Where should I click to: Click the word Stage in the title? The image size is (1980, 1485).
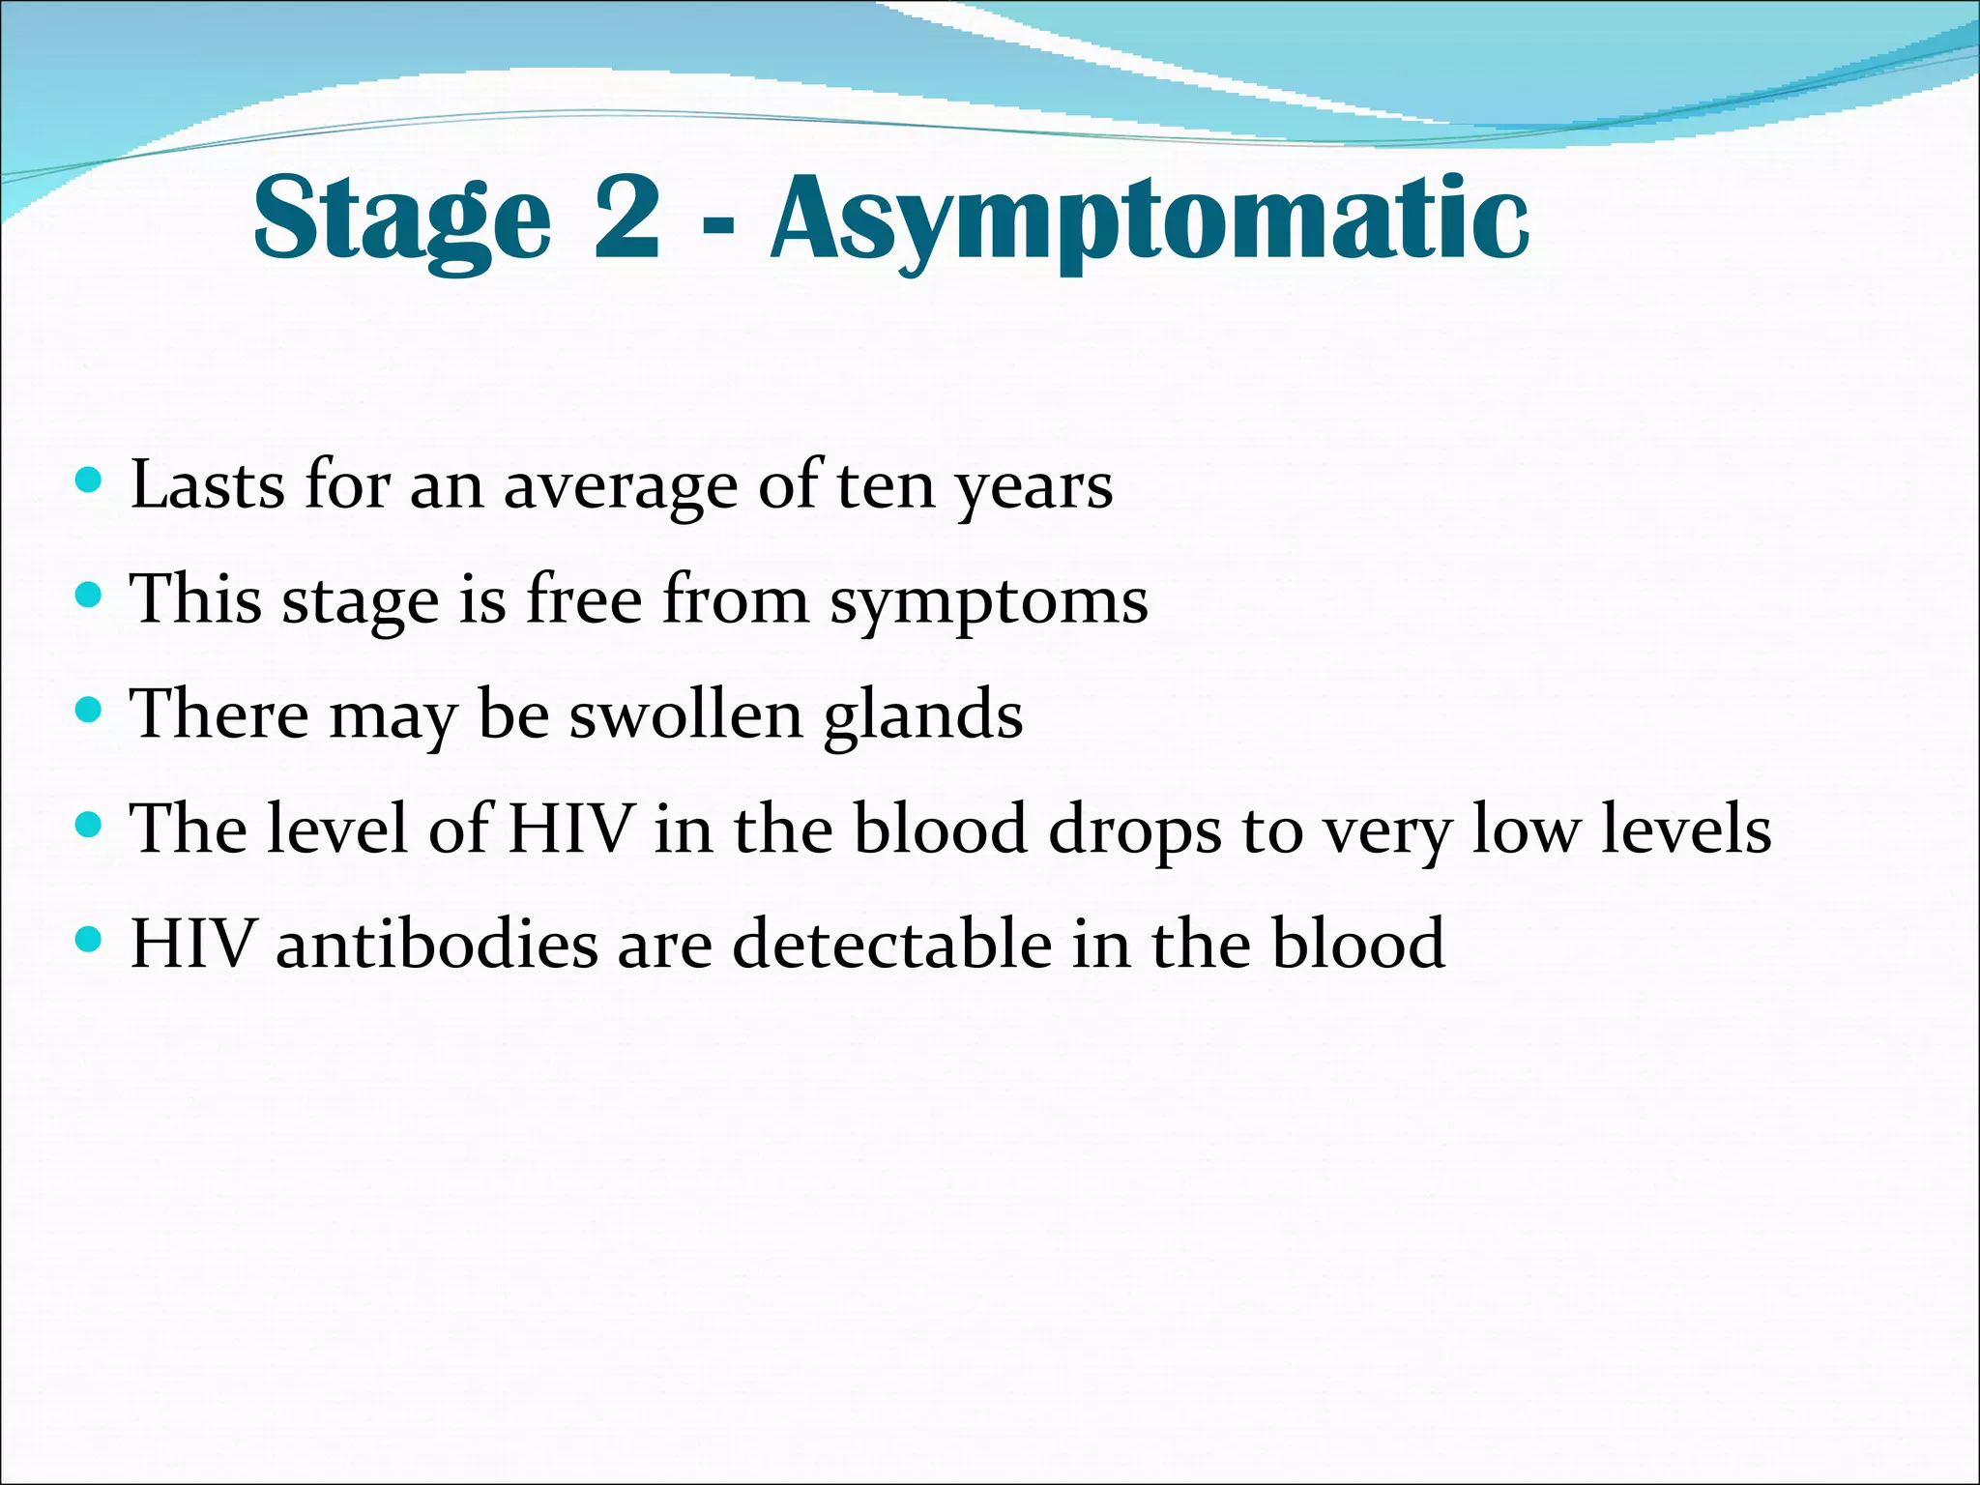401,220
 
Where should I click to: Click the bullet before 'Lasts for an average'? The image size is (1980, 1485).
88,480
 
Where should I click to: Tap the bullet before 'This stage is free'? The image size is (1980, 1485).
88,595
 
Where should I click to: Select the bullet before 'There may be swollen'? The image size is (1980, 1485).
88,711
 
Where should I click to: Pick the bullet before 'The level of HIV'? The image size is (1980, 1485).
88,825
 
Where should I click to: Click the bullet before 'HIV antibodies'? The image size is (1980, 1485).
88,939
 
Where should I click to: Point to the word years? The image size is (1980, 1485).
1034,488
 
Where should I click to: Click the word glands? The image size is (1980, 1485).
922,716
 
